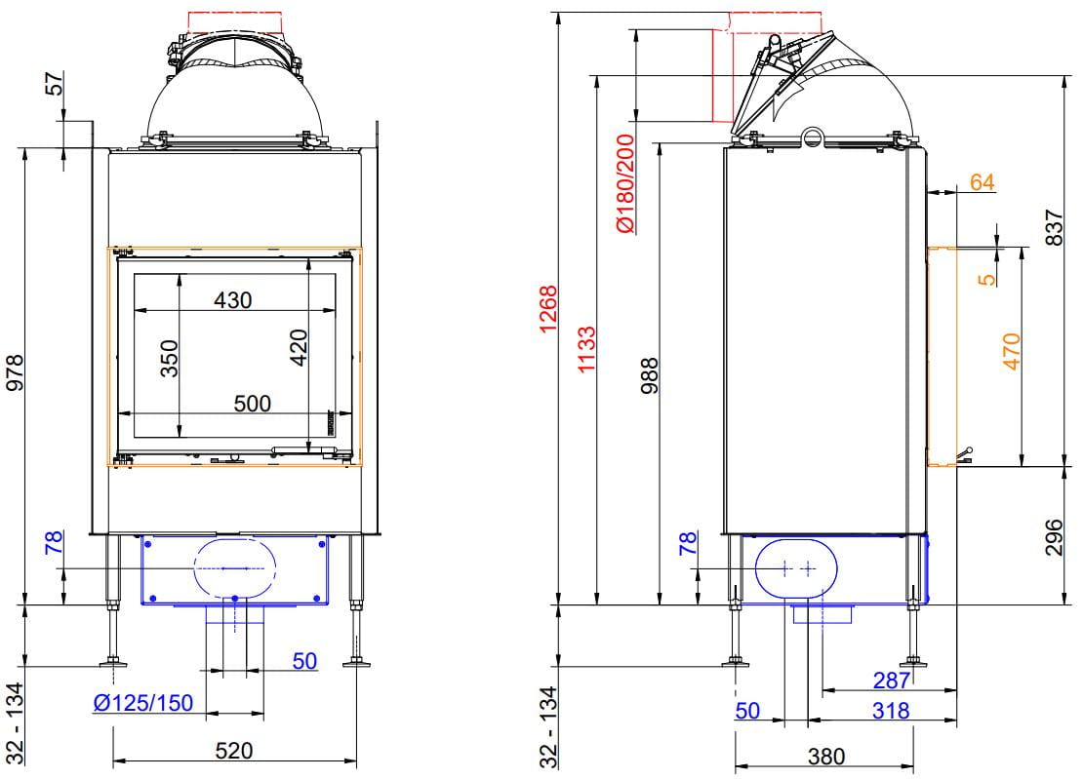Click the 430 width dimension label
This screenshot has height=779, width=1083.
click(233, 300)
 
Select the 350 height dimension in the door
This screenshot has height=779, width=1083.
click(169, 358)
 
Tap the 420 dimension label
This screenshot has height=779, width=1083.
click(299, 348)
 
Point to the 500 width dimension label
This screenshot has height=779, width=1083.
click(252, 403)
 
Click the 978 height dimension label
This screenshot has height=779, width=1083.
click(15, 372)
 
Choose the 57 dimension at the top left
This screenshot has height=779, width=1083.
click(55, 84)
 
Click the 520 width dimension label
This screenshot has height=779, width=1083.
click(233, 750)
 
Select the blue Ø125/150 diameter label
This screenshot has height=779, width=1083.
click(143, 702)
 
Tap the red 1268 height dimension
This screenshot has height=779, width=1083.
click(547, 308)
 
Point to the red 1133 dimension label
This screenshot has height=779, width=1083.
click(586, 350)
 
